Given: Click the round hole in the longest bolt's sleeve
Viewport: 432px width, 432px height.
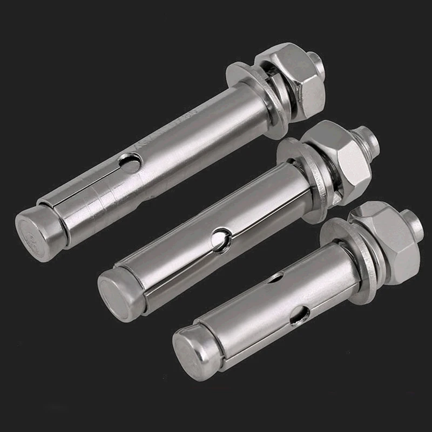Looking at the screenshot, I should (130, 161).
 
